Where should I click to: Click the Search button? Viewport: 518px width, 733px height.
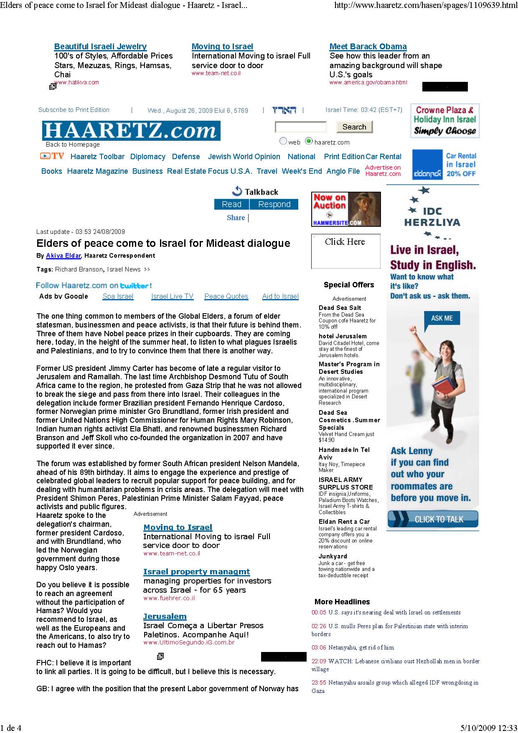354,127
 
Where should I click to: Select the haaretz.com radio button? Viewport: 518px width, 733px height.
309,141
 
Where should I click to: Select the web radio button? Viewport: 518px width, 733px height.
283,141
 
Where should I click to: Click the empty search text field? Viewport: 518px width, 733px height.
301,127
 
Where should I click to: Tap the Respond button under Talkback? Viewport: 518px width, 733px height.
274,204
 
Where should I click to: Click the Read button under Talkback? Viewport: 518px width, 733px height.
231,204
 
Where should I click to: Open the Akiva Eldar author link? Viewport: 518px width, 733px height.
63,256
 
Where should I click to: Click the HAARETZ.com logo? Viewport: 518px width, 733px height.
131,131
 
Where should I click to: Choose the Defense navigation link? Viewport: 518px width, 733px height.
186,157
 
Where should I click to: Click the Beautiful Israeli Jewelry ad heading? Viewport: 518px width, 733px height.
100,47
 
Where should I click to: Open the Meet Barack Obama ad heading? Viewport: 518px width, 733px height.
368,47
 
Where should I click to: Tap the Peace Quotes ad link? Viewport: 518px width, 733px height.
226,297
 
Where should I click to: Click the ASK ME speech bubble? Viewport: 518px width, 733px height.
442,318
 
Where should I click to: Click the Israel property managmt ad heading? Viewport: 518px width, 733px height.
196,572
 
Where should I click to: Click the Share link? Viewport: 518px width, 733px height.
236,218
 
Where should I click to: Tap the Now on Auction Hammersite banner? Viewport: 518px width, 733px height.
346,209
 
